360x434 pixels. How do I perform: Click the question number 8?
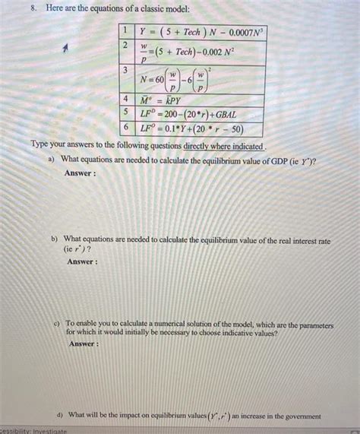click(24, 8)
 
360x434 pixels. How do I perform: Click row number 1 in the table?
click(125, 31)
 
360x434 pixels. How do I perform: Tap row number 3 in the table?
click(125, 69)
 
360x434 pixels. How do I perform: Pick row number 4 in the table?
click(125, 100)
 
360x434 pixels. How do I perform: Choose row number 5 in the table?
click(125, 112)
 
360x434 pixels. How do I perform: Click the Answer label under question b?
click(82, 261)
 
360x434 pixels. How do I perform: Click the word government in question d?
click(301, 416)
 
